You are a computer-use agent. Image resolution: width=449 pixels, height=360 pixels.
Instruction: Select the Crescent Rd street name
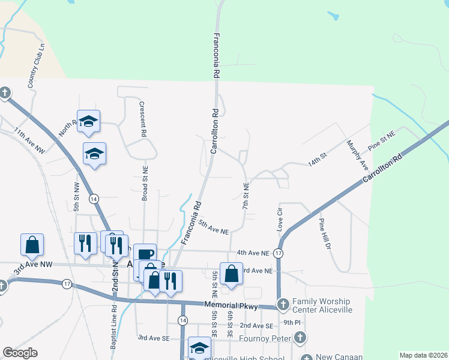142,120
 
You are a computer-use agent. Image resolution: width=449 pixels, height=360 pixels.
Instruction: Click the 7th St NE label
246,196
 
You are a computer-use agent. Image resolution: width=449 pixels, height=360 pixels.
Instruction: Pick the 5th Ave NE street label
214,227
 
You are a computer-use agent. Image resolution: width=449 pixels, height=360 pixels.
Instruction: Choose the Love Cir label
279,220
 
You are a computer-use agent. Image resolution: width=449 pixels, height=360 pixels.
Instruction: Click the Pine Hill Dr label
325,237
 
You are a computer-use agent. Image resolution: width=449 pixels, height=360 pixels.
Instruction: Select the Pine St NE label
382,142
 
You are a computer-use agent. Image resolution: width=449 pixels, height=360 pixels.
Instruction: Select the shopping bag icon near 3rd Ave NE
231,274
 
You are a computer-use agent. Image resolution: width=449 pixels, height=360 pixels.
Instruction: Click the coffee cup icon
145,254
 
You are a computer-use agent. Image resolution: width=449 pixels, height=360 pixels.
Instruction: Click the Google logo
20,353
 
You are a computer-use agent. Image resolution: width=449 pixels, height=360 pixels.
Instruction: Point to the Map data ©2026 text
423,355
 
